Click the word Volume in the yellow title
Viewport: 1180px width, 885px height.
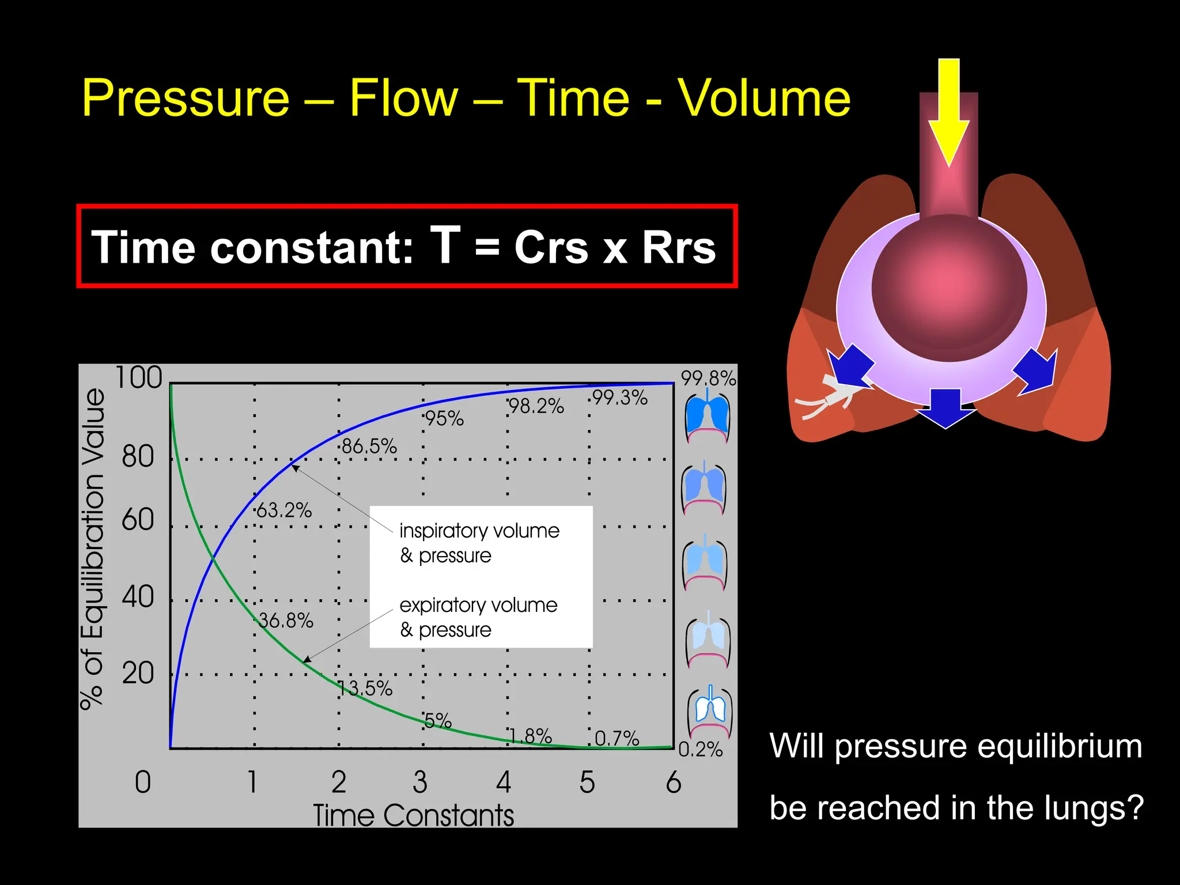(x=763, y=98)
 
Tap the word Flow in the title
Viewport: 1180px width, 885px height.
(x=404, y=98)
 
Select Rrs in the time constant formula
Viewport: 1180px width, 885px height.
(x=678, y=247)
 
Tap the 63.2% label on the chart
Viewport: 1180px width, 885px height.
(x=283, y=510)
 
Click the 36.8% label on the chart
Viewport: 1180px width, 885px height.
(x=285, y=621)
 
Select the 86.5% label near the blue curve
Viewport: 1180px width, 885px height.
(x=369, y=447)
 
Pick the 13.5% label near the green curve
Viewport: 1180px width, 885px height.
(x=366, y=689)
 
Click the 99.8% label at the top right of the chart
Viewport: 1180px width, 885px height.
(x=708, y=379)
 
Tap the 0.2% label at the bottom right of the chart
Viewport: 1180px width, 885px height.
(x=700, y=749)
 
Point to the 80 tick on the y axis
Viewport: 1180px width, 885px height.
(x=138, y=456)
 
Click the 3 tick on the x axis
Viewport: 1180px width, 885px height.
(x=420, y=782)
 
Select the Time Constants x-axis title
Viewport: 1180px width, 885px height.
(x=413, y=815)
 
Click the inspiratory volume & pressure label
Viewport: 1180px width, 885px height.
(x=479, y=543)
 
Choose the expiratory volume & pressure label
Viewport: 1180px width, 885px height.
(x=478, y=617)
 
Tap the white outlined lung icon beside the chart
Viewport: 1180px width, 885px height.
(x=710, y=709)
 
